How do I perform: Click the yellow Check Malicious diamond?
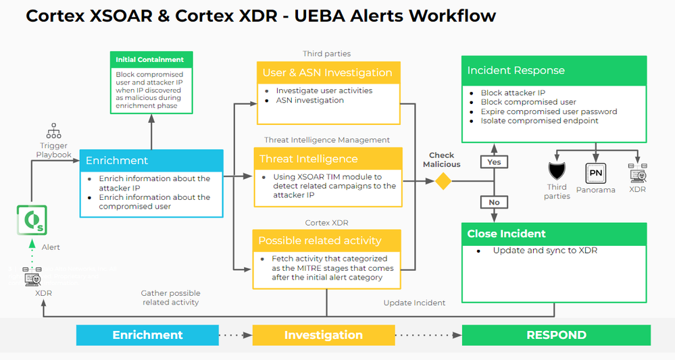[443, 181]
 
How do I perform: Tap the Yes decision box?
[494, 162]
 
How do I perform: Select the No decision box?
[494, 202]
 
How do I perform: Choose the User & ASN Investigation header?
[328, 72]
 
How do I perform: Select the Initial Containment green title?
[151, 59]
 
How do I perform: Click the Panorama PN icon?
[595, 173]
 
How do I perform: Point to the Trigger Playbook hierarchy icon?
[54, 131]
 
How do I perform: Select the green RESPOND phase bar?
[556, 335]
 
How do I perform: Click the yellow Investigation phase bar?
[323, 335]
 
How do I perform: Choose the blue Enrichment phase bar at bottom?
[147, 335]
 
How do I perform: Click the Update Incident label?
[414, 303]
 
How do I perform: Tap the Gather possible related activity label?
[170, 298]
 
